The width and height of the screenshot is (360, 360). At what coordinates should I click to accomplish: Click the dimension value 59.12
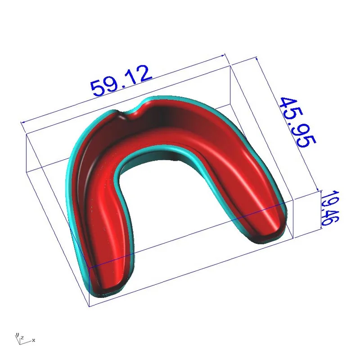tap(121, 81)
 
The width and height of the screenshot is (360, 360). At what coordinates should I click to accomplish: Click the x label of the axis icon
tap(34, 340)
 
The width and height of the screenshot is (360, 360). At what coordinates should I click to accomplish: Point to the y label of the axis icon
tap(16, 335)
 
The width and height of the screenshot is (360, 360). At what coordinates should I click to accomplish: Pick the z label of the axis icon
tap(21, 337)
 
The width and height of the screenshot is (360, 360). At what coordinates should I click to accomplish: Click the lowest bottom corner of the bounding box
tap(90, 306)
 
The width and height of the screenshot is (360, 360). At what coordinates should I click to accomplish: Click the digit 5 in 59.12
tap(98, 88)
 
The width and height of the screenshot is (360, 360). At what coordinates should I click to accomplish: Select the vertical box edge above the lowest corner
tap(90, 288)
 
